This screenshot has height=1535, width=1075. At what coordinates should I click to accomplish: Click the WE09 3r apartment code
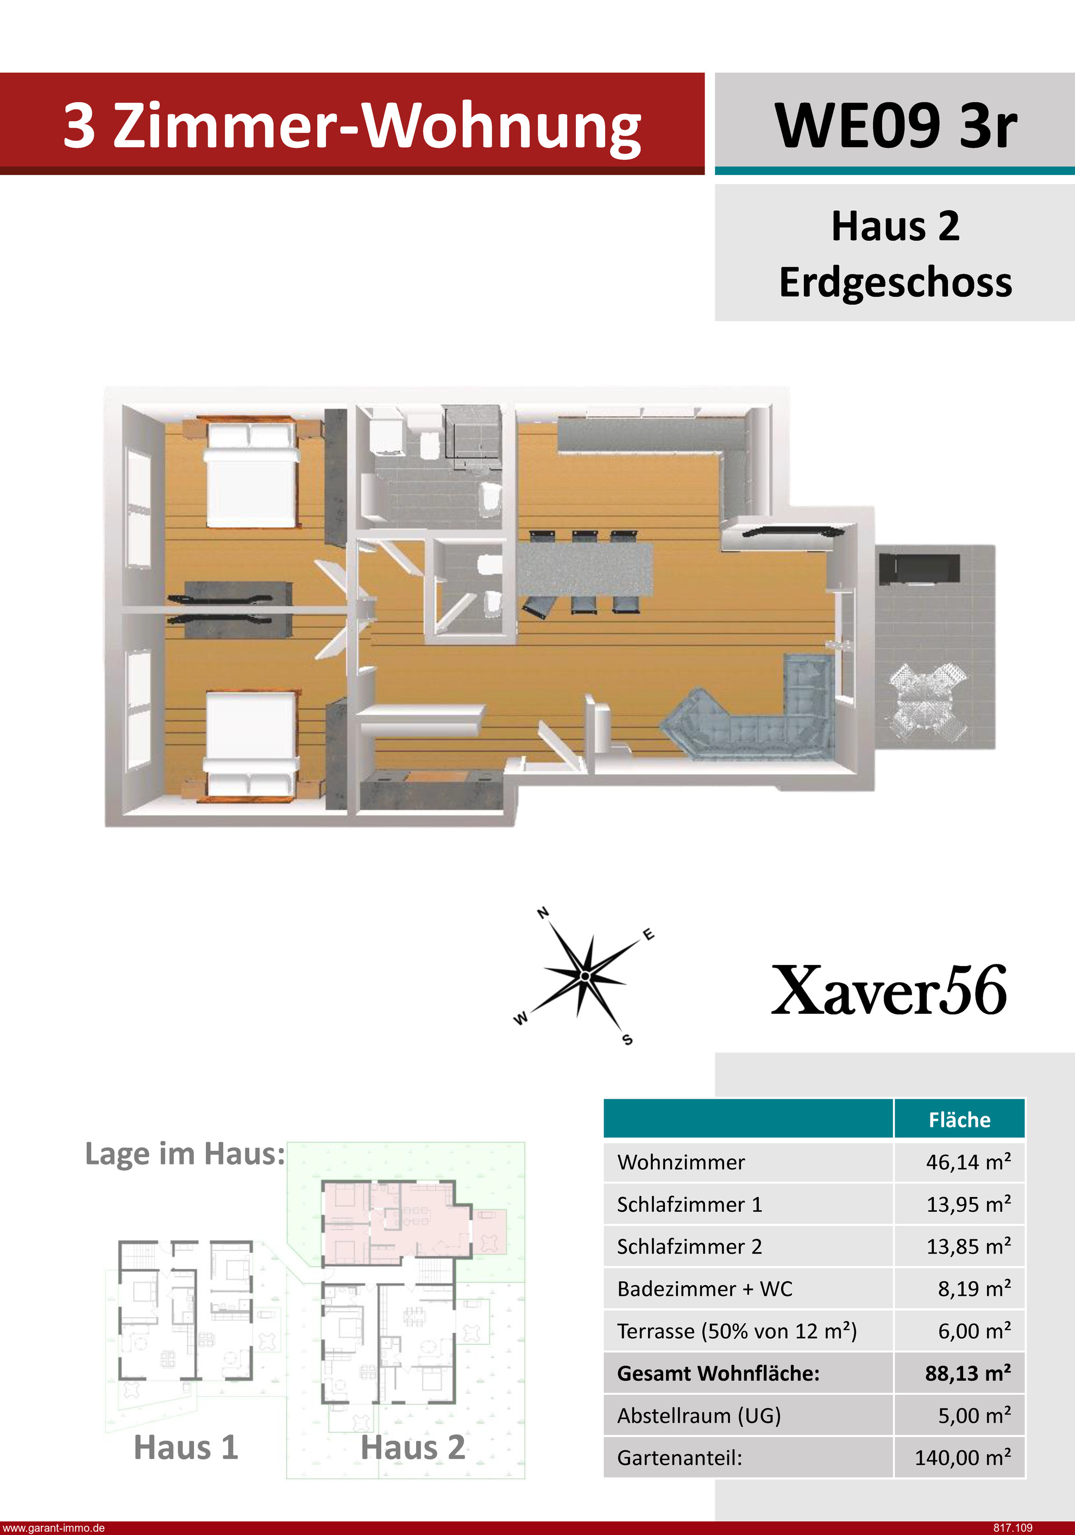(895, 126)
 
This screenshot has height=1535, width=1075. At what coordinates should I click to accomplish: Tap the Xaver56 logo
(889, 990)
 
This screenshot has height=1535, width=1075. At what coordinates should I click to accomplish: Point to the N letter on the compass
(544, 912)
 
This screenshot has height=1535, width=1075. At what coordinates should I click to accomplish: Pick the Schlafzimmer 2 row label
(689, 1246)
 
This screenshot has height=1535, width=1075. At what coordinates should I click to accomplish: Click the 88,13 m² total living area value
(968, 1373)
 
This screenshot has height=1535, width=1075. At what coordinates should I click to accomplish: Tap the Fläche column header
(959, 1120)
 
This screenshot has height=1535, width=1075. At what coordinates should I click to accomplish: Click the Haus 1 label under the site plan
(186, 1448)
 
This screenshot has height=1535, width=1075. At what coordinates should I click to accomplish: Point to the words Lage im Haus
(185, 1154)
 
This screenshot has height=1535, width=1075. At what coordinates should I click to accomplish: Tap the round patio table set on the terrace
(928, 701)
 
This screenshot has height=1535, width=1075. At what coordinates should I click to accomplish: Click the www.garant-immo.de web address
(53, 1527)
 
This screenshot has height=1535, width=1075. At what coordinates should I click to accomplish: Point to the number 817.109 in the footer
(1013, 1527)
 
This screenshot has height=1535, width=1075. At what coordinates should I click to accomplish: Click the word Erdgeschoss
(896, 282)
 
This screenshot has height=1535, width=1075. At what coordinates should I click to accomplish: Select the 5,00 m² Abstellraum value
(974, 1415)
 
